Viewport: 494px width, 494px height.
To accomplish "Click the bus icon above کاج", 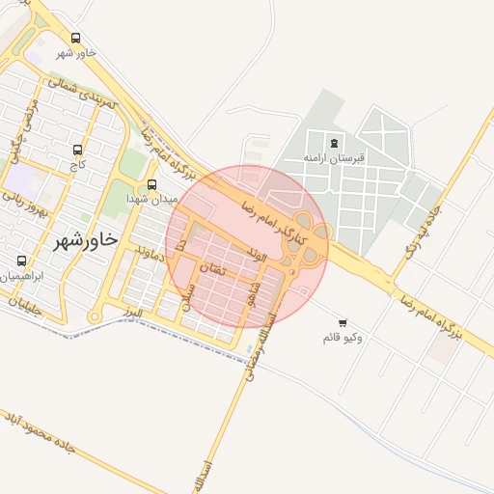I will [77, 150].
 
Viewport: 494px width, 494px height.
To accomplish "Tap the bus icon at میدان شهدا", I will [151, 185].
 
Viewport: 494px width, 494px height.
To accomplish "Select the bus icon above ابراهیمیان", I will [21, 261].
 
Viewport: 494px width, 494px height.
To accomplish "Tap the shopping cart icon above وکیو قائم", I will [343, 322].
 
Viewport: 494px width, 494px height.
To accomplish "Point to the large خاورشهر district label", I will [85, 238].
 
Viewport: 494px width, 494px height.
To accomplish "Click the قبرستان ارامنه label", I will [334, 156].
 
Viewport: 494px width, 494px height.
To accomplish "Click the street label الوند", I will [257, 255].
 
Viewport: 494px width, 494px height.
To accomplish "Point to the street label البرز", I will [132, 314].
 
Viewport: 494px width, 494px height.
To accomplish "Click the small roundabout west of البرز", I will [95, 316].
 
